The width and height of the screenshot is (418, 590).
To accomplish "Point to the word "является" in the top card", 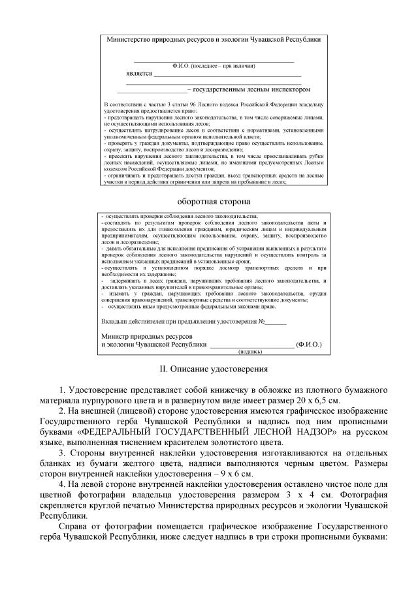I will (139, 73).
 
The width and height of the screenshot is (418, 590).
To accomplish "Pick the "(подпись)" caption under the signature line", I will (250, 350).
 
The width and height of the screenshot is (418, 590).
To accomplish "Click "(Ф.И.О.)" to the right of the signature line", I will (308, 343).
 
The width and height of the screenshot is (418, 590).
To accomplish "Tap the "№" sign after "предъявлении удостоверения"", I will (262, 322).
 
